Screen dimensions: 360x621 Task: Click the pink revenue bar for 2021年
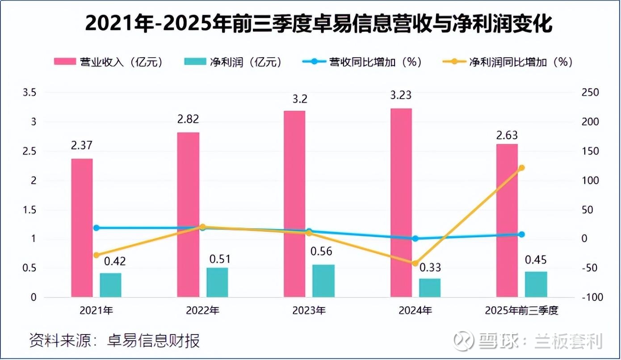(x=82, y=228)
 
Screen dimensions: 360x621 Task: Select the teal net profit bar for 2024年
(x=429, y=288)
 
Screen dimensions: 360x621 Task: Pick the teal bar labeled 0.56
(x=323, y=281)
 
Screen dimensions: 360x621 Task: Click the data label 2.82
(x=188, y=119)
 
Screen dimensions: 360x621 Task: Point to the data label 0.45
(x=536, y=260)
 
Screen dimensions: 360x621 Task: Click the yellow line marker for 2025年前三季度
(x=521, y=168)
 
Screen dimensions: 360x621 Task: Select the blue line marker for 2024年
(x=415, y=239)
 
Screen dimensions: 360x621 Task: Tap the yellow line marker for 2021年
(x=96, y=255)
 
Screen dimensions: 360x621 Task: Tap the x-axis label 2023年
(x=309, y=310)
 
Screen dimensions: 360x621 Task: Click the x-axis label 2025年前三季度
(x=521, y=310)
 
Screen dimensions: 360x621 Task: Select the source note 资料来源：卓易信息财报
(x=114, y=341)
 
